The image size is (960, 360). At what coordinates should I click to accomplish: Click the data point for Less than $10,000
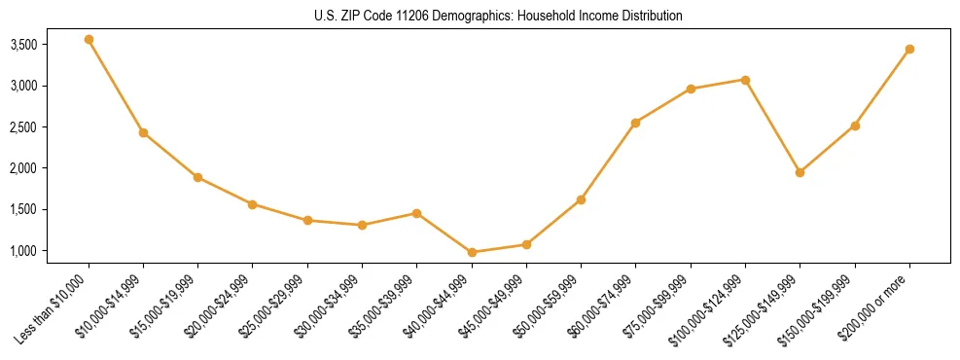89,40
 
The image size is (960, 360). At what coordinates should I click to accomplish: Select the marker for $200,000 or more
909,49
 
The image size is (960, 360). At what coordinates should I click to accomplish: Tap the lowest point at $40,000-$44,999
472,252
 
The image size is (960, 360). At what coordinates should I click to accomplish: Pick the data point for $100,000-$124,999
745,80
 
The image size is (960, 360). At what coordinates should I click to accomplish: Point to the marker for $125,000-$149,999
800,172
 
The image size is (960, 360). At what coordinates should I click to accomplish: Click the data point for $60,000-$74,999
636,123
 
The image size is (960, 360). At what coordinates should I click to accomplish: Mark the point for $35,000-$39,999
417,213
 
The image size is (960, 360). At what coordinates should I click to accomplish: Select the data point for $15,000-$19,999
197,177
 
